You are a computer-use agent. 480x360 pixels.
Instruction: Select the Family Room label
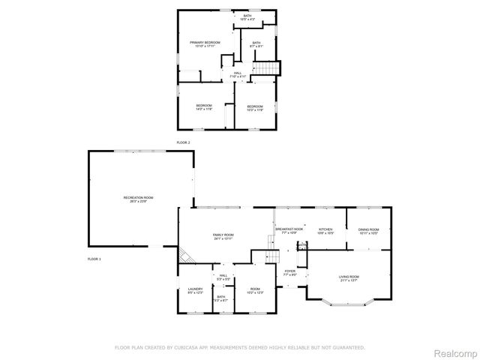point(223,236)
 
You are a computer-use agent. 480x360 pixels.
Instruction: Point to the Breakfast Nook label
point(289,230)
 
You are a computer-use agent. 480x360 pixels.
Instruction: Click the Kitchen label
point(325,230)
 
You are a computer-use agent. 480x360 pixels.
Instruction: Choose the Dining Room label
point(368,231)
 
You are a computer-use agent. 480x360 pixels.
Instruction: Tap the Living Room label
point(349,278)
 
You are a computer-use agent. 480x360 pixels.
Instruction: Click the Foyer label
point(289,272)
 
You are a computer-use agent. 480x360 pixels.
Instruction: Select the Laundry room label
point(196,291)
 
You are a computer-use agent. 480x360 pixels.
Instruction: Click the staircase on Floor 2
point(268,68)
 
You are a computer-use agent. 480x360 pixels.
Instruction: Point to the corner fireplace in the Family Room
point(185,257)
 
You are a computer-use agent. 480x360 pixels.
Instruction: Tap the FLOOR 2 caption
point(183,142)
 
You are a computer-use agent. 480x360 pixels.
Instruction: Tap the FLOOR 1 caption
point(94,259)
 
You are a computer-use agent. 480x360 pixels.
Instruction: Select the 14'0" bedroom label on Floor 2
point(204,106)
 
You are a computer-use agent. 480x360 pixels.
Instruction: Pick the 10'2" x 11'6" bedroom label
point(256,107)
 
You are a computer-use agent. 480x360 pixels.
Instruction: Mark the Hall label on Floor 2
point(237,74)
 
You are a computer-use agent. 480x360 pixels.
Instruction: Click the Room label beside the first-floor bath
point(255,290)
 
